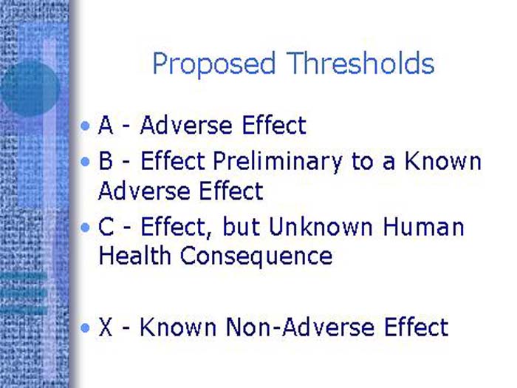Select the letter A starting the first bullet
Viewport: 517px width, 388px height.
click(106, 126)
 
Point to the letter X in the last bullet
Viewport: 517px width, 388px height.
click(106, 327)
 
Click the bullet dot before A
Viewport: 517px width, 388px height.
click(87, 126)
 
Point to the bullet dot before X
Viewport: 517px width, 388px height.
click(87, 327)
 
